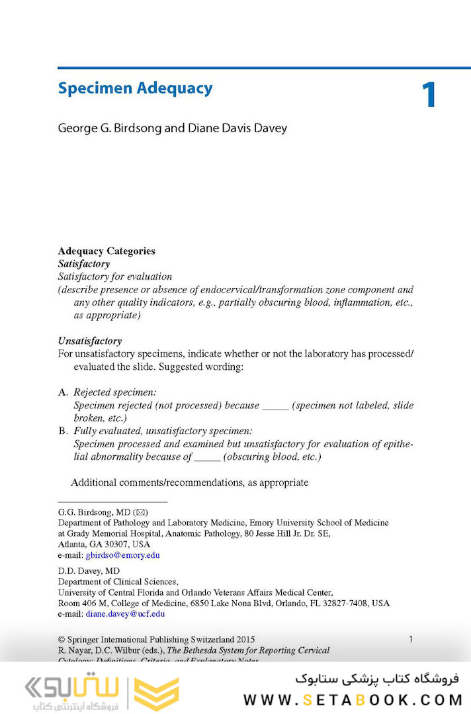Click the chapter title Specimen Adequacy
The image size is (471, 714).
[135, 89]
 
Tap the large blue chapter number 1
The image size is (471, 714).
[429, 96]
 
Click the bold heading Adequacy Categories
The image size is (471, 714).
[107, 251]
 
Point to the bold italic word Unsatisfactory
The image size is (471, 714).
[90, 341]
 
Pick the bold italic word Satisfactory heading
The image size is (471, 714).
[84, 263]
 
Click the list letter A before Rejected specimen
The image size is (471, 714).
[63, 392]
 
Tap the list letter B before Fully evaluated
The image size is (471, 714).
[63, 431]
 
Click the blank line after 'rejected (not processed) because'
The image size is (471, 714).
[276, 406]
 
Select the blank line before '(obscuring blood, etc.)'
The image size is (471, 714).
[207, 457]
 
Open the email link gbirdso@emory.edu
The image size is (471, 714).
[122, 555]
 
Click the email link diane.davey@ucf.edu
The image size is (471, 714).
[125, 613]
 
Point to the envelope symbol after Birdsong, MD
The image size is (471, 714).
[141, 512]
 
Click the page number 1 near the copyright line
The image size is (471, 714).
[411, 639]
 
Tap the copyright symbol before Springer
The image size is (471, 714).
[62, 640]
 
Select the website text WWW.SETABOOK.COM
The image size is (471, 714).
[351, 699]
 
